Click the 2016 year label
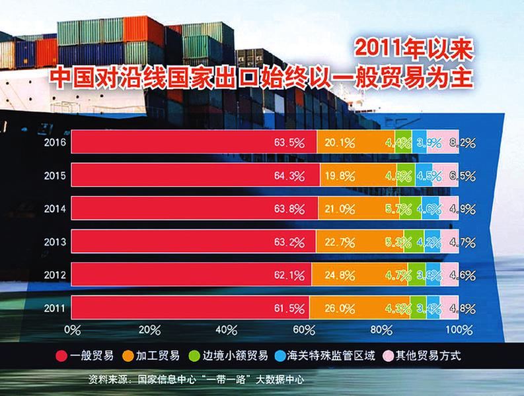point(54,142)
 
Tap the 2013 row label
point(54,242)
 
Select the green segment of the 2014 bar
point(410,209)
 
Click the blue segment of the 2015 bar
point(425,175)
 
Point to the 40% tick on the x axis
point(227,329)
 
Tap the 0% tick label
point(71,329)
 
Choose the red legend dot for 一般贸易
point(61,356)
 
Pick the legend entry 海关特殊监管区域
point(330,356)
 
